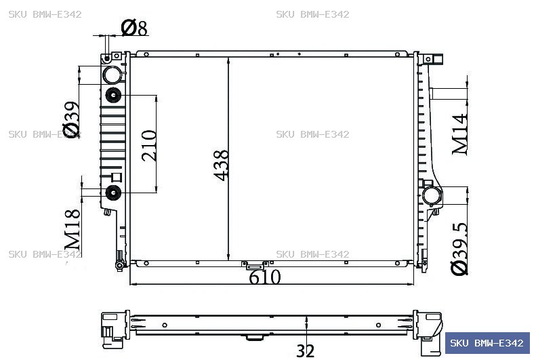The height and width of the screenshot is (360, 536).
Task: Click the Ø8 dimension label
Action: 134,28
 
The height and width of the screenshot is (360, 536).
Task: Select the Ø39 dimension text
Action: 71,119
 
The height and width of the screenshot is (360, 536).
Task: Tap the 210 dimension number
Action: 149,145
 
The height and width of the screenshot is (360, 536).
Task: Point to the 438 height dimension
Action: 221,165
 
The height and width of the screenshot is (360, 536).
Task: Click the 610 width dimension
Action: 265,277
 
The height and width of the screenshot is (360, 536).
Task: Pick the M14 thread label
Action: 460,134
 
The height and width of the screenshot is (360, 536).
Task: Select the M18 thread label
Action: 73,230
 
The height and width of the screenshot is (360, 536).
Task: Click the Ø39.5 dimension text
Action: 459,249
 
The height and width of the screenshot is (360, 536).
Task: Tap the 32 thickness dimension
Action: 305,351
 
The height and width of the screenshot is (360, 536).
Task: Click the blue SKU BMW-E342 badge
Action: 487,343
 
